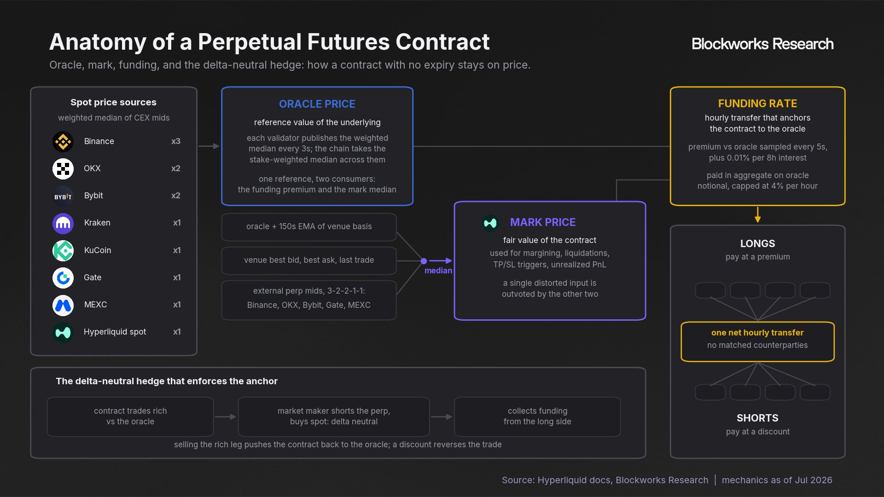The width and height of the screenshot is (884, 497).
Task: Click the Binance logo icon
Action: [63, 141]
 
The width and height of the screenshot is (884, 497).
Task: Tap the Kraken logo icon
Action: [63, 223]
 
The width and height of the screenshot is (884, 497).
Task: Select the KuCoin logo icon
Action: [63, 250]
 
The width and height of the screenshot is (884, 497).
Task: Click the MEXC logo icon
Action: [63, 305]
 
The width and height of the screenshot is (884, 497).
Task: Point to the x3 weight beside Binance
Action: [176, 141]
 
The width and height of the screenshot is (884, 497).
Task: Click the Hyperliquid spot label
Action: [115, 332]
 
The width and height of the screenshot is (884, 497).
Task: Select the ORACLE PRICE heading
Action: [317, 104]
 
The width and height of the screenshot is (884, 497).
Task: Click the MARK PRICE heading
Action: [543, 222]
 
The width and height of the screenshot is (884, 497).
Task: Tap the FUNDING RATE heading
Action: [757, 104]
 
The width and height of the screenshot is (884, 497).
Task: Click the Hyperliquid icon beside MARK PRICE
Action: [490, 223]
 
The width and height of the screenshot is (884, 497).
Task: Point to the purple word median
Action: [438, 271]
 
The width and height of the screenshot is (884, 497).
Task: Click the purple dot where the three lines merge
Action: [424, 261]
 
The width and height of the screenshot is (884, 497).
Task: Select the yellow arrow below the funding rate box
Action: [757, 214]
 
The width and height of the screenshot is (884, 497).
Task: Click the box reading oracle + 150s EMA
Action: [309, 227]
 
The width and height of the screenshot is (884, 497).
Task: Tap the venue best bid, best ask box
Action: [309, 260]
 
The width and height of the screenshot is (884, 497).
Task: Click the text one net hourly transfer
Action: [757, 333]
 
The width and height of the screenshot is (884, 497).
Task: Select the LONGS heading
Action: [757, 243]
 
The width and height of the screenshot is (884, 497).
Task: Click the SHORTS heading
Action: [757, 418]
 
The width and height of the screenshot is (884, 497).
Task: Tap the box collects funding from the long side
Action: [537, 416]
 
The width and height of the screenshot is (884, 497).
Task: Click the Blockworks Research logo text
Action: [762, 44]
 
